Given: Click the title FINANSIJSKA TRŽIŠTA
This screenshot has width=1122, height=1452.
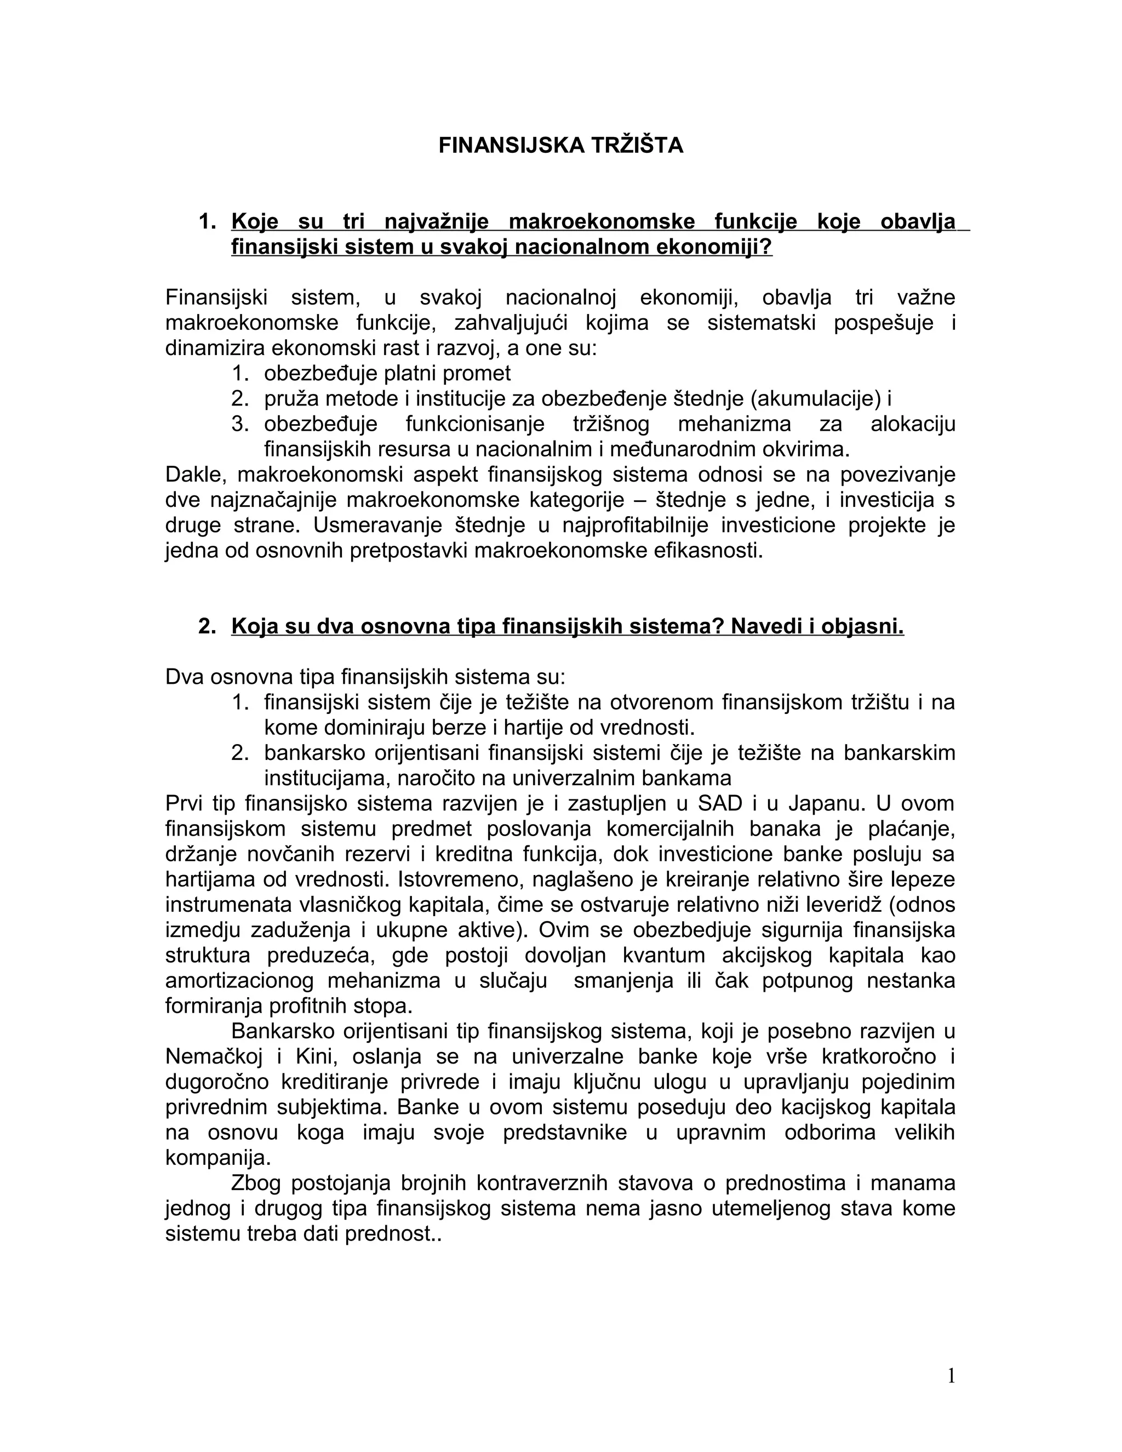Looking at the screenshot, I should [560, 146].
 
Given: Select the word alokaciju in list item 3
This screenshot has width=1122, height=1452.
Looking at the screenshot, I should [913, 424].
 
